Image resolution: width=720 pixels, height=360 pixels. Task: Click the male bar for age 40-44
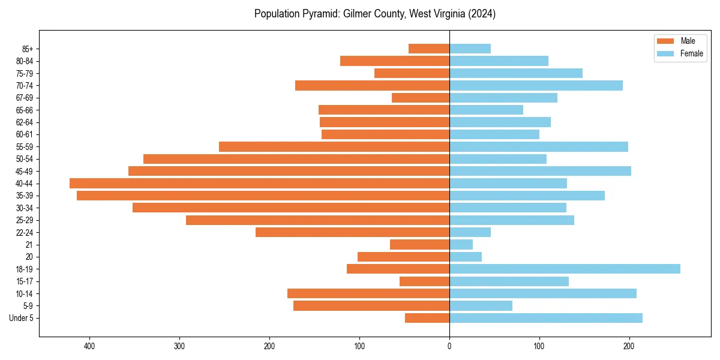[259, 183]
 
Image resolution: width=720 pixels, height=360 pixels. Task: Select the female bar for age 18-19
[565, 269]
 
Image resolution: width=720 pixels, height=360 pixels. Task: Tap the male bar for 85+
[429, 49]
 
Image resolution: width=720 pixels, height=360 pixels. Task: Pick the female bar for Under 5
[546, 318]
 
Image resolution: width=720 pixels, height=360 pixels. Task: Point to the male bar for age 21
[419, 244]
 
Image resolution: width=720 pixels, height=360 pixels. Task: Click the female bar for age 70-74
[536, 85]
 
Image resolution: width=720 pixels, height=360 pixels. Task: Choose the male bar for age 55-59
[334, 146]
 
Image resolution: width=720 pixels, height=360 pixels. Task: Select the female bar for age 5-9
[481, 305]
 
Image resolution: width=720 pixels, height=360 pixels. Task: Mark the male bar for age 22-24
[352, 232]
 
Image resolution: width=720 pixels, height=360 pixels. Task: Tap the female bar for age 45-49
[540, 171]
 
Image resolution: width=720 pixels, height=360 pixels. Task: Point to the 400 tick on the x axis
[89, 346]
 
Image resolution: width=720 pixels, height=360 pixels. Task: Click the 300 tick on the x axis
[179, 346]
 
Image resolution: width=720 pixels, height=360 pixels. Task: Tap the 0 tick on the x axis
[449, 346]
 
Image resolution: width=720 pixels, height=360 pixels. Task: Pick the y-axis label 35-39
[25, 196]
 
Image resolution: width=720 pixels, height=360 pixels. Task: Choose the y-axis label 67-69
[25, 98]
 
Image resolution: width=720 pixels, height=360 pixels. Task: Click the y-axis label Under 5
[21, 318]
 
